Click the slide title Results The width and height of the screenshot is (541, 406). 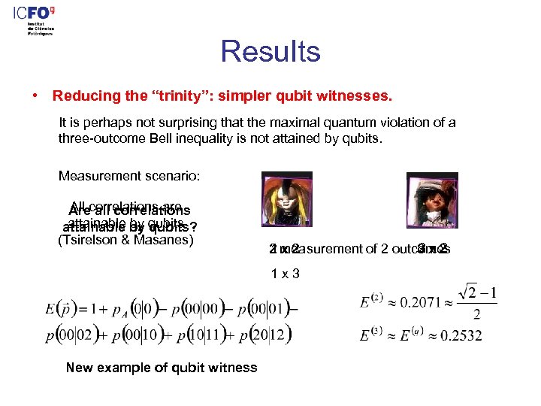pos(270,52)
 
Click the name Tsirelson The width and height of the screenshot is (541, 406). pos(92,241)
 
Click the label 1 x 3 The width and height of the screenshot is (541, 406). pos(286,273)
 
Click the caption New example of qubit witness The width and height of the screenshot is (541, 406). pos(162,368)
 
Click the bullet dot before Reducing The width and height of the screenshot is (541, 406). pos(35,96)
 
